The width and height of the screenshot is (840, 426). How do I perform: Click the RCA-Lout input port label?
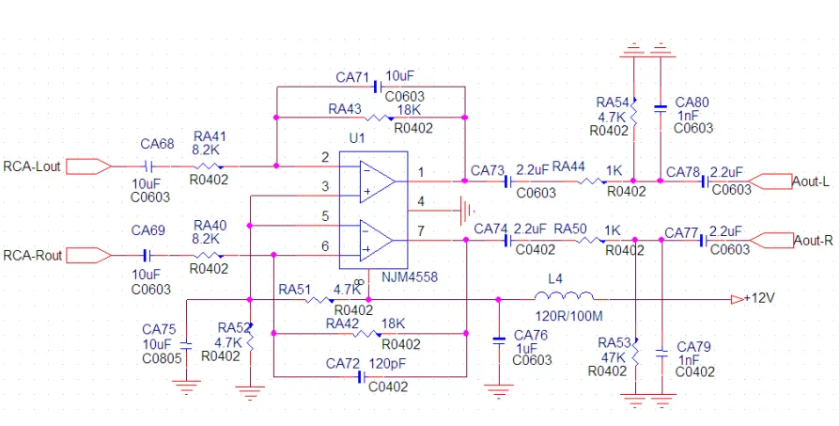tap(32, 166)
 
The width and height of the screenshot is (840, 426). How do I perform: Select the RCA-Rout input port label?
tap(33, 255)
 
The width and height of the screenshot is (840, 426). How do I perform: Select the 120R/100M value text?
tap(568, 316)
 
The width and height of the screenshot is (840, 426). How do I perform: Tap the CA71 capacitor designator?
tap(352, 75)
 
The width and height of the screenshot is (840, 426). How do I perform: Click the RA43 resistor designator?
tap(344, 108)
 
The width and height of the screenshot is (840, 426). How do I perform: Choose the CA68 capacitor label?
tap(157, 144)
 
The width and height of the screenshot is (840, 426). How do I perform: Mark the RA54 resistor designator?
tap(613, 102)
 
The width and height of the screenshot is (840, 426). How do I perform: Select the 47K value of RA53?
tap(610, 358)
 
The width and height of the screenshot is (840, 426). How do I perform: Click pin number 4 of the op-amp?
tap(421, 201)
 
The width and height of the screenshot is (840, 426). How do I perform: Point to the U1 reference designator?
tap(355, 138)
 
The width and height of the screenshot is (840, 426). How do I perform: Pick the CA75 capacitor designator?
tap(159, 329)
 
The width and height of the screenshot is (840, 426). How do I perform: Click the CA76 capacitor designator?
tap(531, 336)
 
